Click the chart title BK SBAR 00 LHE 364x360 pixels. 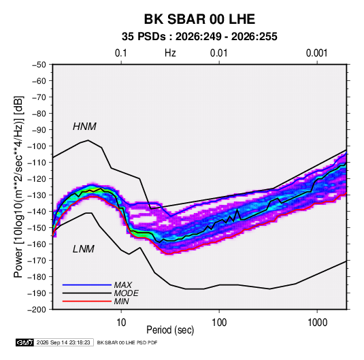coord(199,19)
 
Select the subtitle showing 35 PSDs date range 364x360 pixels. coord(199,37)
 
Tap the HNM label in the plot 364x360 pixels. coord(84,127)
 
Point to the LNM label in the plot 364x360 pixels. coord(84,249)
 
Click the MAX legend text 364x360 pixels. coord(122,285)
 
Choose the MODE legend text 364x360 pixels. coord(127,293)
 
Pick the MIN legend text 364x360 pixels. coord(121,301)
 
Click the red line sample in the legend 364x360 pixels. coord(87,301)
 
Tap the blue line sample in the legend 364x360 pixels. coord(87,285)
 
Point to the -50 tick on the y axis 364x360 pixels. coord(39,65)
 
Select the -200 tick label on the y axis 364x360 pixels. coord(37,310)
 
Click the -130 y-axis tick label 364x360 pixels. coord(37,195)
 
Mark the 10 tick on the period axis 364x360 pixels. coord(121,323)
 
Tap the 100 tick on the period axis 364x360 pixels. coord(219,323)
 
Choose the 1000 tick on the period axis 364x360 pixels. coord(317,323)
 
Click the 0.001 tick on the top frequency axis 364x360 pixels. coord(316,53)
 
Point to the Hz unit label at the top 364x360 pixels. coord(170,53)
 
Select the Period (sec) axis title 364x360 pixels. coord(170,330)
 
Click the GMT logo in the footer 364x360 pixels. coord(24,342)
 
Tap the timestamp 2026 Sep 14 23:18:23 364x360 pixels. coord(63,342)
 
